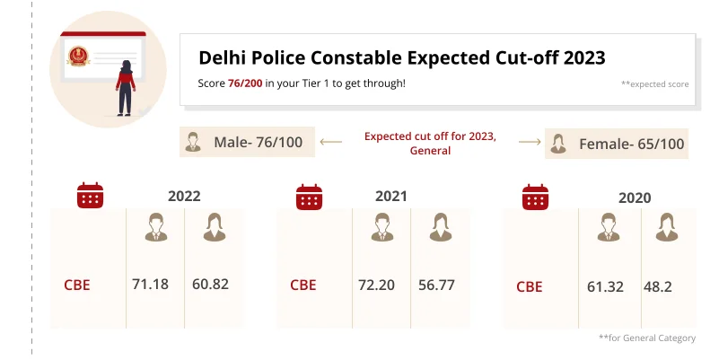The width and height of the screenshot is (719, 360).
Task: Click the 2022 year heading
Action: pyautogui.click(x=184, y=196)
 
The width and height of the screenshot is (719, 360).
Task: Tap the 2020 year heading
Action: pyautogui.click(x=635, y=198)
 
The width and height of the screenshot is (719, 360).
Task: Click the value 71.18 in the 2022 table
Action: pyautogui.click(x=151, y=285)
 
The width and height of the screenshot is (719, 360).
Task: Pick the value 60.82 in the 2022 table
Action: pyautogui.click(x=210, y=285)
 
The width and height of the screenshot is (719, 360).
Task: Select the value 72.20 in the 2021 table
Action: pyautogui.click(x=377, y=285)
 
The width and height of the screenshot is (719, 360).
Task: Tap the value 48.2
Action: pyautogui.click(x=658, y=286)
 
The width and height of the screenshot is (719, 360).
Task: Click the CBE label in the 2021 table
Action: pyautogui.click(x=303, y=285)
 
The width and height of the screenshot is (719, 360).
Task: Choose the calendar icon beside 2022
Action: pyautogui.click(x=90, y=196)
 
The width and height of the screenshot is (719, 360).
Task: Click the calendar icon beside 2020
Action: pyautogui.click(x=536, y=197)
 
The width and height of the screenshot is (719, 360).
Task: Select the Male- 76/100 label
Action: pyautogui.click(x=258, y=143)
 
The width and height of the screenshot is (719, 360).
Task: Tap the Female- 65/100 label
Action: pyautogui.click(x=631, y=144)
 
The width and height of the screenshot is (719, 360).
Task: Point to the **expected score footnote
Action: pyautogui.click(x=654, y=83)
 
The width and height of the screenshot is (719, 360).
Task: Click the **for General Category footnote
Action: pyautogui.click(x=646, y=338)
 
